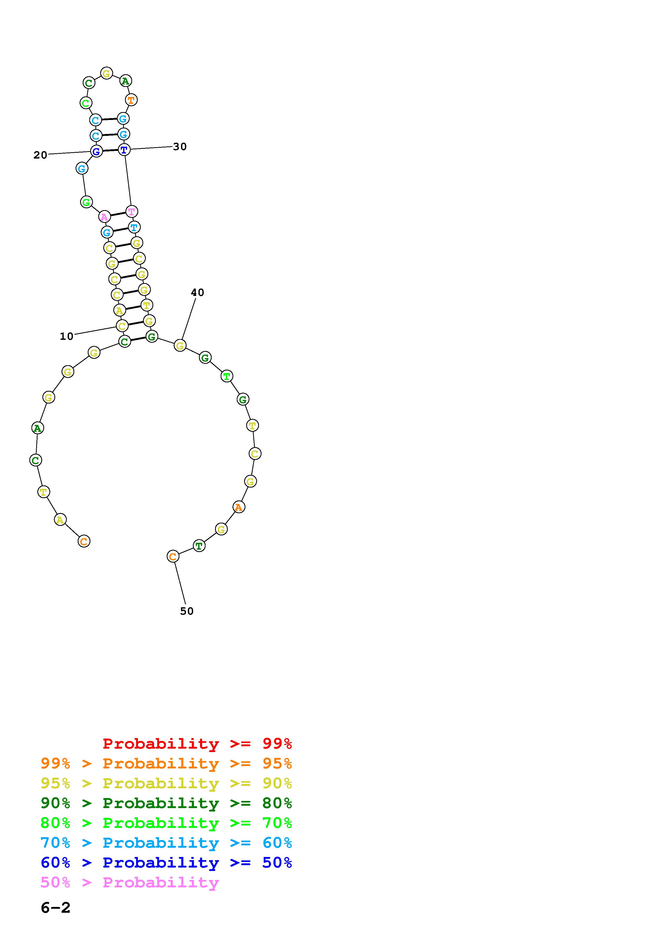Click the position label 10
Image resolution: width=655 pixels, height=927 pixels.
click(x=67, y=336)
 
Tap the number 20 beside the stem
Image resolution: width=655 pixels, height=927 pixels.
click(x=40, y=155)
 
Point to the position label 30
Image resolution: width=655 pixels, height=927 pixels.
click(x=180, y=147)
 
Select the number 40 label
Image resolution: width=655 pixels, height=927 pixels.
click(x=197, y=292)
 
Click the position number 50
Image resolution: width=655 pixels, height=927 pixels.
click(x=187, y=611)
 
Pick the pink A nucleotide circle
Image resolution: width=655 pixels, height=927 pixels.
click(x=105, y=217)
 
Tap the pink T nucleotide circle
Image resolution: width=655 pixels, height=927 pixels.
click(x=132, y=211)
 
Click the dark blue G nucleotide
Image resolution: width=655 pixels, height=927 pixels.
click(x=96, y=152)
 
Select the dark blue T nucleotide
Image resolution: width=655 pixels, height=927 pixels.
click(x=124, y=150)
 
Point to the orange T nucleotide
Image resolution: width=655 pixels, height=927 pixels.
click(x=131, y=100)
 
